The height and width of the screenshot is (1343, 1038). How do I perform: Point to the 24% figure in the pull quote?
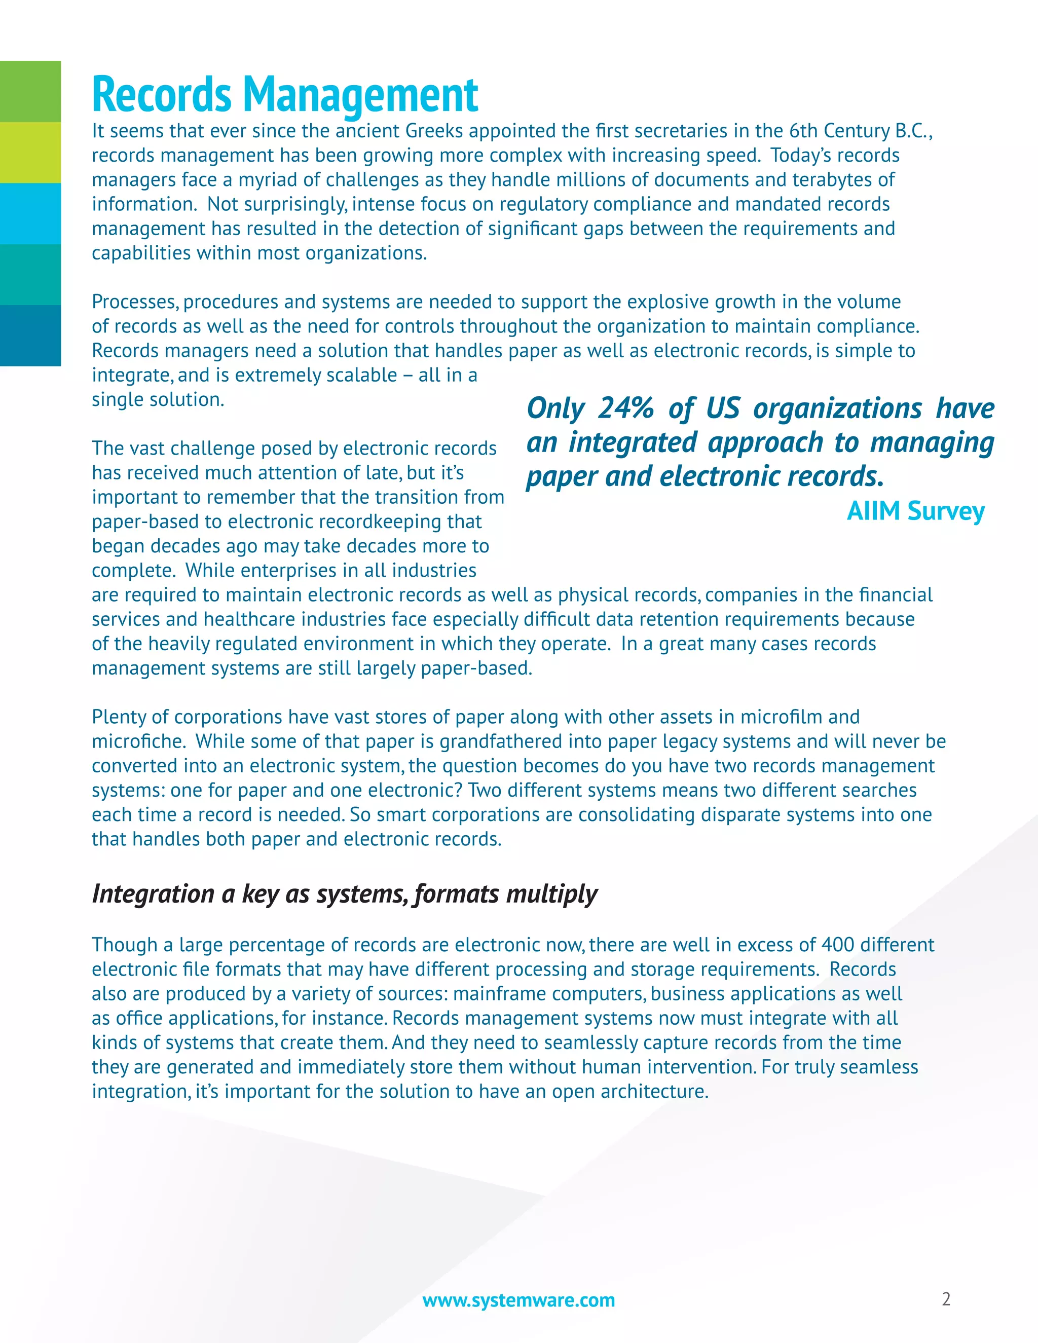[x=625, y=408]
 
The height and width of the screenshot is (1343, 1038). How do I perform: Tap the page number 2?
[x=946, y=1299]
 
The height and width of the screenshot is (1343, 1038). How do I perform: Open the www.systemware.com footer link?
[x=518, y=1300]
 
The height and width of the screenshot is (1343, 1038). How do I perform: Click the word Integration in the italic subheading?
[x=153, y=893]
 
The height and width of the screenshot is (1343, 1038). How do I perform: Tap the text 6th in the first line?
[x=804, y=131]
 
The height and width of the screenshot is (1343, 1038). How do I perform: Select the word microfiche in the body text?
[x=136, y=741]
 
